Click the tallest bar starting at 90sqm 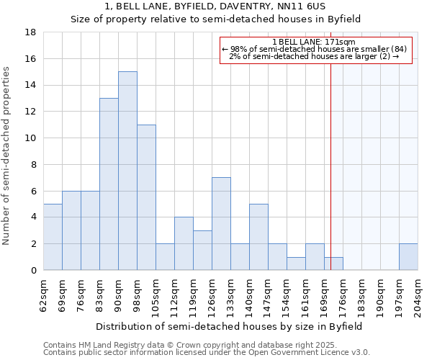(x=127, y=171)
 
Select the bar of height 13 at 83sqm (x=109, y=184)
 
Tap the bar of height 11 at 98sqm (x=146, y=197)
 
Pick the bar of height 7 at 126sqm (x=221, y=224)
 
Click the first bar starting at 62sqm (x=53, y=237)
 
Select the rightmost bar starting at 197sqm (x=408, y=257)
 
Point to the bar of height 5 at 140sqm (x=258, y=237)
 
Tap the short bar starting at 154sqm (x=296, y=264)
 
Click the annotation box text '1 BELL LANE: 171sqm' (x=314, y=42)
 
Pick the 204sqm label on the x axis (x=418, y=296)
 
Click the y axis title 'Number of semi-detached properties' (x=7, y=156)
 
